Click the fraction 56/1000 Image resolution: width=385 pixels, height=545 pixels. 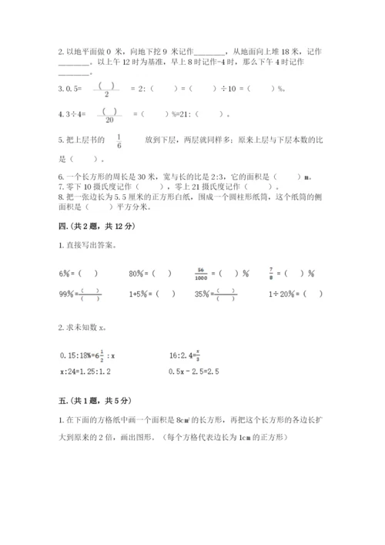(202, 273)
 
